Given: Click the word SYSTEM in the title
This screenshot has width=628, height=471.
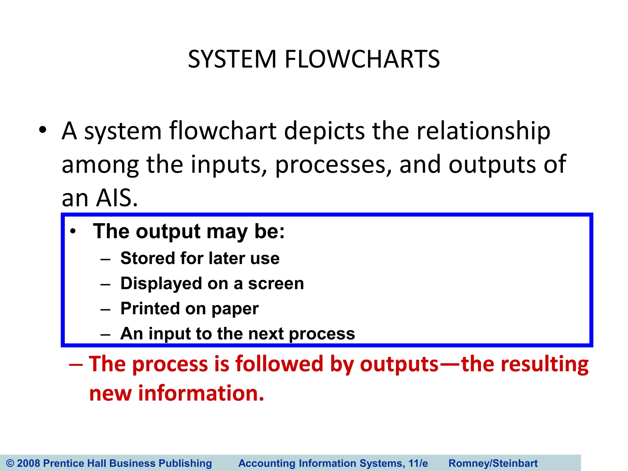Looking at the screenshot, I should [232, 59].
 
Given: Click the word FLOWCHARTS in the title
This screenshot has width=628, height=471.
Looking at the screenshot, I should [362, 59].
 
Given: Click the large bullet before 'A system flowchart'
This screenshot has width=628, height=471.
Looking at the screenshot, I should [43, 130].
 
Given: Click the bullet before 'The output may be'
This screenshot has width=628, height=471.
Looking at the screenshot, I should [73, 232].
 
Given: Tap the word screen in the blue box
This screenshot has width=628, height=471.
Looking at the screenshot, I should [276, 283].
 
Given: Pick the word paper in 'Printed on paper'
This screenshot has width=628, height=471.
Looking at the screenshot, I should [235, 308].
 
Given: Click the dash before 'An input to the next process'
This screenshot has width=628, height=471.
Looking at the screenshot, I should [105, 334].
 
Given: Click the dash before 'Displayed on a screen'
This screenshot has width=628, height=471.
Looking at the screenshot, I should [105, 284].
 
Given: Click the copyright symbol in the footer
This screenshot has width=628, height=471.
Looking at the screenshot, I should [10, 463].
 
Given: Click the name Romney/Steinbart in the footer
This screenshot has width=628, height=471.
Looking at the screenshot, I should [493, 463].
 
